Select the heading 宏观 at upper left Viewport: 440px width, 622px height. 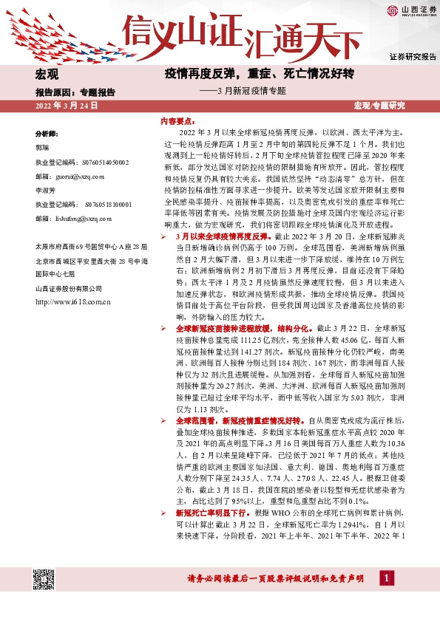tap(47, 75)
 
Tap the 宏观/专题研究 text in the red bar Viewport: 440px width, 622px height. tap(380, 106)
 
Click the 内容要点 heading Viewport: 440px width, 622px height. tap(179, 120)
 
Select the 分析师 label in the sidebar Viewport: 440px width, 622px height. tap(48, 134)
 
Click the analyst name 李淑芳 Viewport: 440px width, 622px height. tap(46, 190)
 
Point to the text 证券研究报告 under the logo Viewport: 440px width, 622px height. tap(412, 57)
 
